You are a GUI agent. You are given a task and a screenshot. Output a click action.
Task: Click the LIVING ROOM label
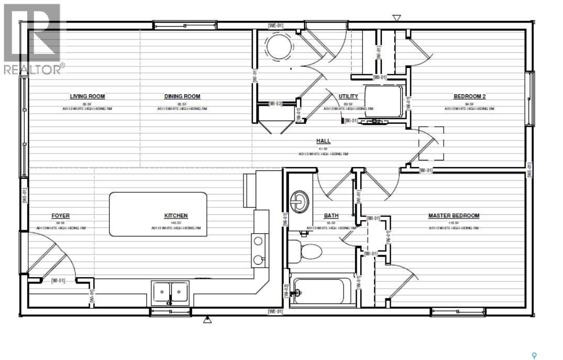click(x=87, y=96)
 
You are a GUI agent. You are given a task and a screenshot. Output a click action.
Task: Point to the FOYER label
click(x=60, y=216)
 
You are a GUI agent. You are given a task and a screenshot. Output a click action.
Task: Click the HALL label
click(x=323, y=141)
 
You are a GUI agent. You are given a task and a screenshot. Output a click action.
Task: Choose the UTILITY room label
click(x=348, y=96)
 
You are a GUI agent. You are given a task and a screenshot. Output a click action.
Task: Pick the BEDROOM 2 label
click(x=469, y=96)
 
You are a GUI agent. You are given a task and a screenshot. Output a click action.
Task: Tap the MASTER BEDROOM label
click(x=454, y=216)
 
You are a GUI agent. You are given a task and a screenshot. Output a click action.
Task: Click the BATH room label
click(x=331, y=216)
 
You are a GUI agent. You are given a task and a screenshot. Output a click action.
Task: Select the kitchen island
click(x=158, y=214)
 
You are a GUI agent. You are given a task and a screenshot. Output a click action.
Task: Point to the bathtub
click(x=318, y=290)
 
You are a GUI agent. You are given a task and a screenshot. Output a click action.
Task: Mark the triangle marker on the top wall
click(x=396, y=18)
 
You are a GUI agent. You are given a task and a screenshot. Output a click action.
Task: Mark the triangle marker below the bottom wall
click(x=207, y=319)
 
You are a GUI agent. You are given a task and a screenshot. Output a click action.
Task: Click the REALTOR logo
click(x=32, y=39)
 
